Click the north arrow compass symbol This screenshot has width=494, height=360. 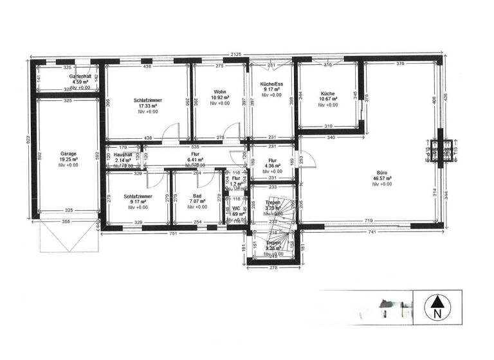click(x=437, y=307)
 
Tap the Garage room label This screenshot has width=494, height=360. click(x=69, y=154)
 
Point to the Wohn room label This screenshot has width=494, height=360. click(x=220, y=92)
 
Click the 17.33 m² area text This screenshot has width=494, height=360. click(x=147, y=106)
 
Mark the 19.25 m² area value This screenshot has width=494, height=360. click(x=69, y=160)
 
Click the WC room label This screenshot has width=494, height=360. click(x=237, y=208)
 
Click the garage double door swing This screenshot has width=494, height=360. click(x=68, y=238)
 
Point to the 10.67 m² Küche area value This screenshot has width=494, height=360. click(x=327, y=99)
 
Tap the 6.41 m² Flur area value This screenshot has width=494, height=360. click(x=194, y=160)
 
